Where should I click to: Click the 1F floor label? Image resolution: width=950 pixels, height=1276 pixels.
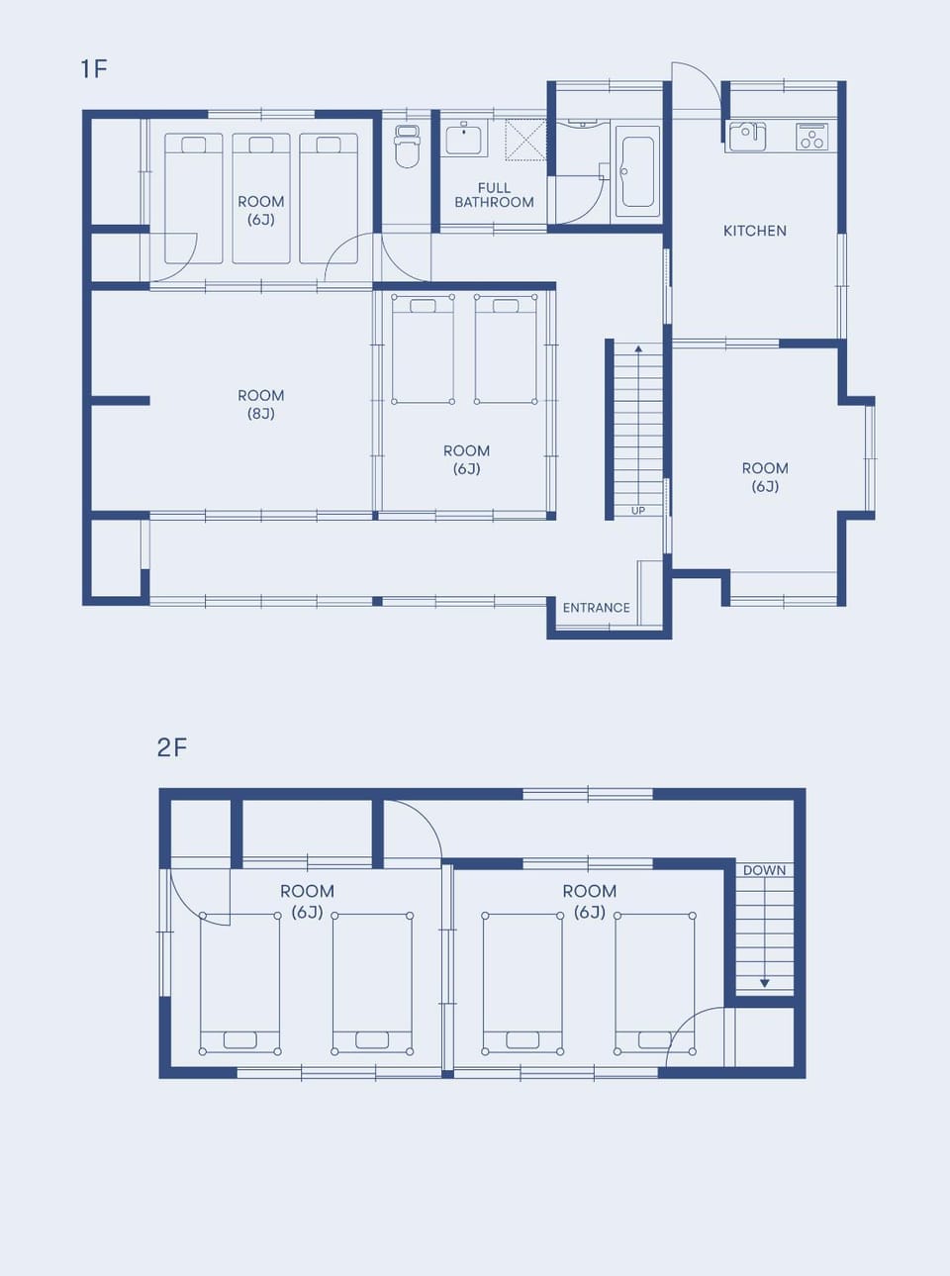coord(94,69)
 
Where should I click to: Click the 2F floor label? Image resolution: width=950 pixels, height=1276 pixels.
coord(172,747)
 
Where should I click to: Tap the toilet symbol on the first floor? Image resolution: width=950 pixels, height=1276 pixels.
coord(407,147)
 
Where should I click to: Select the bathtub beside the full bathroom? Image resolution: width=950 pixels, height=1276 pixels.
coord(637,171)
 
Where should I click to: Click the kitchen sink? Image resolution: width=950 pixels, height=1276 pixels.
coord(747,137)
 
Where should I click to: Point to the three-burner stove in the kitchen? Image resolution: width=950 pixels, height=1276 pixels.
coord(812,137)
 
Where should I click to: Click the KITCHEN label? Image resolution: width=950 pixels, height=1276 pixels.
coord(754,231)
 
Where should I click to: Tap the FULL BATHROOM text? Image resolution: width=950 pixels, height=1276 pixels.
coord(494,195)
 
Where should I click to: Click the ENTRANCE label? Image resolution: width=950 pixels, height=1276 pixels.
coord(597,608)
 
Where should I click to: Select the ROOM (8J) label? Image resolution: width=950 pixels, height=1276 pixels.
coord(261,404)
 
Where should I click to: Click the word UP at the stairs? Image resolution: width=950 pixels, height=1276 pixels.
coord(638,510)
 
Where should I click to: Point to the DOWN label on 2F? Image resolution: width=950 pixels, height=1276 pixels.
coord(764,870)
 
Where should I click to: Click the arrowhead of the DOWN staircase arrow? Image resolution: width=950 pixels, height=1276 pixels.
coord(764,983)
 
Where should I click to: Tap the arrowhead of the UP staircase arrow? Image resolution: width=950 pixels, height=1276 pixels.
coord(638,348)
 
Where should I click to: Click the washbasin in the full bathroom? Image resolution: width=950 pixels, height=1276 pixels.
coord(463,138)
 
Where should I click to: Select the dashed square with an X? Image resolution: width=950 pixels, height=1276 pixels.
coord(525,137)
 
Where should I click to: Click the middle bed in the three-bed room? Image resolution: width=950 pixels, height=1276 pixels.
coord(261,198)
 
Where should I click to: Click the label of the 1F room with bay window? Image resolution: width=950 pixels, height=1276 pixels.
coord(765,477)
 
